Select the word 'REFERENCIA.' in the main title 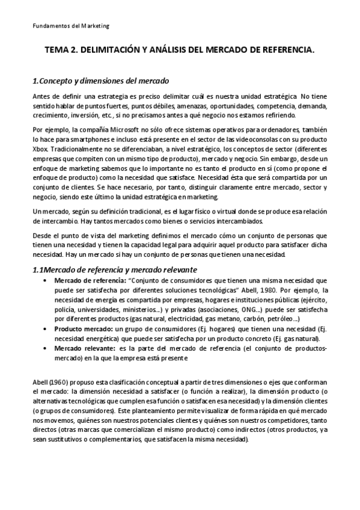coord(287,52)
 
